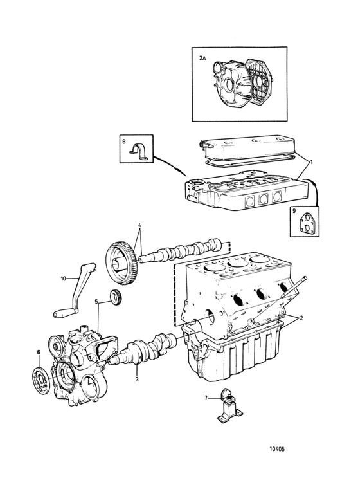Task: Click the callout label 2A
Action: tap(203, 59)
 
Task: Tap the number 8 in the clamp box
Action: tap(124, 142)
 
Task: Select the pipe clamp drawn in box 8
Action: tap(139, 150)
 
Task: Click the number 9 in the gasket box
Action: tap(294, 211)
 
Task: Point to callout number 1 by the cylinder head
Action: tap(311, 162)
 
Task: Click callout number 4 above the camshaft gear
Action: tap(139, 226)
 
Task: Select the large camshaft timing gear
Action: tap(122, 264)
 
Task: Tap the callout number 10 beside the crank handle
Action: tap(64, 279)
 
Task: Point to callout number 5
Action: tap(96, 302)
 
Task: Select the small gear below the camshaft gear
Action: tap(116, 297)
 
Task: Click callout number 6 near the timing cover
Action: tap(39, 361)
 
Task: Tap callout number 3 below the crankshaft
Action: tap(137, 379)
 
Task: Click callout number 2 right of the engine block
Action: tap(301, 318)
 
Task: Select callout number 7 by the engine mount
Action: tap(206, 398)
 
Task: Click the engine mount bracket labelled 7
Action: tap(230, 406)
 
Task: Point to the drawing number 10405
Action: tap(277, 449)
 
